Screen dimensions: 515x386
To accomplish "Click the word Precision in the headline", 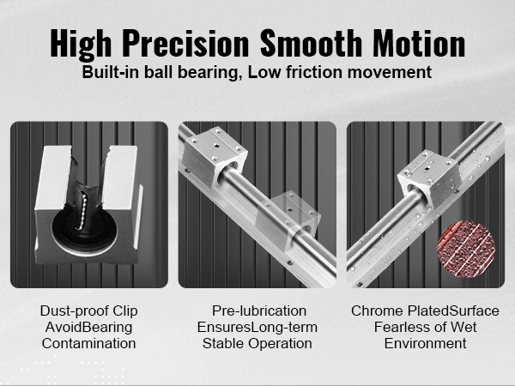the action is click(187, 44).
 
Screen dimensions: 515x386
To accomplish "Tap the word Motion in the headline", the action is click(419, 44).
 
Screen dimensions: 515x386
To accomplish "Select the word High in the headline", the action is click(81, 45).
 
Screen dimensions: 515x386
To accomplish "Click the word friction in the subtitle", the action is click(315, 72).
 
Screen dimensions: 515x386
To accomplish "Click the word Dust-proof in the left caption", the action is click(74, 311).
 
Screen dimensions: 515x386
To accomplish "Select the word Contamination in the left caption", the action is click(88, 343).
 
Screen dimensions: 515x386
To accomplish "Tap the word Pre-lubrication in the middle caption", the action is click(259, 311).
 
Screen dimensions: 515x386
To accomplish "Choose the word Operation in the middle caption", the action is click(280, 344).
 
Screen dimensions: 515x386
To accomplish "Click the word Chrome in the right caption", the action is click(377, 311).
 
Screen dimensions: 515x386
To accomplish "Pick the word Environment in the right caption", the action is click(426, 343).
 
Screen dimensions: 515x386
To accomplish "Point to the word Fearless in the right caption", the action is click(397, 327).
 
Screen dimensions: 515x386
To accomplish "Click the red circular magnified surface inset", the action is click(466, 249).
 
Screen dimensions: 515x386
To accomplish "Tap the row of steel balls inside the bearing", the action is click(82, 211).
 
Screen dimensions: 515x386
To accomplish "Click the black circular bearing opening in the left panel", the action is click(84, 226).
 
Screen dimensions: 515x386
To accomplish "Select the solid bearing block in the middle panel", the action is click(214, 155).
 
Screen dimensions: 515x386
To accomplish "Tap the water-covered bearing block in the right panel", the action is click(430, 179).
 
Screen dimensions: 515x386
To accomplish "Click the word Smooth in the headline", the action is click(311, 44).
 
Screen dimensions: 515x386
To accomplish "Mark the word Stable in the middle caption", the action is click(223, 343).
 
